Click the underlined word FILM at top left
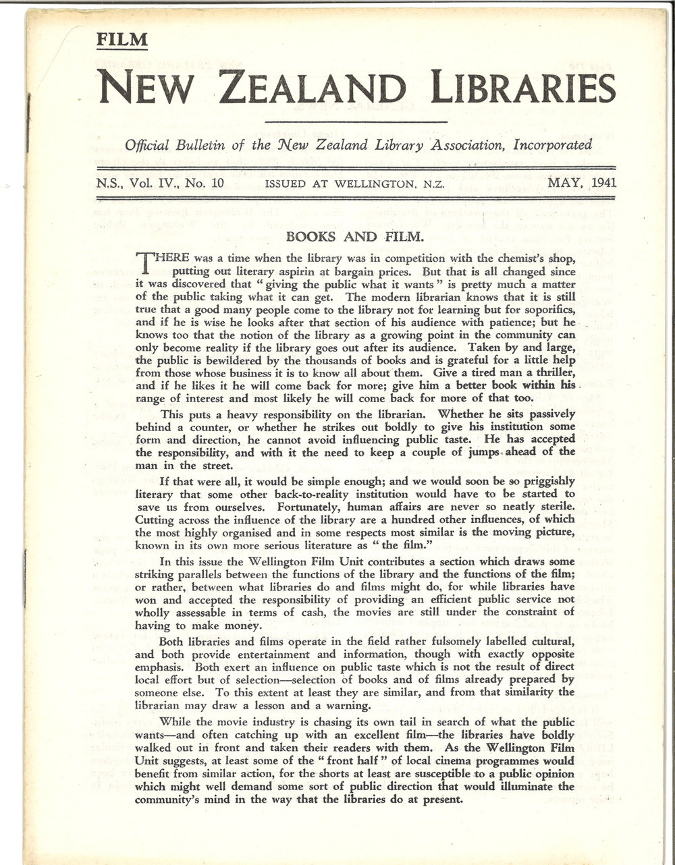[x=122, y=40]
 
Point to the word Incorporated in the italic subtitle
[x=553, y=144]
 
